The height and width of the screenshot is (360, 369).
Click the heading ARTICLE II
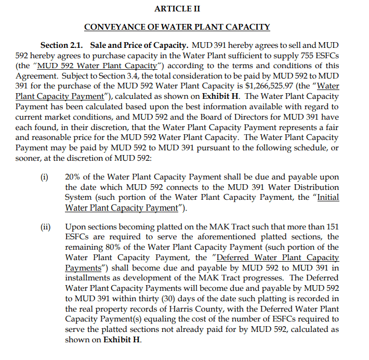click(x=177, y=9)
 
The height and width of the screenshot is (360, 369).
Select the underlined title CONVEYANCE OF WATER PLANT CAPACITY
click(x=177, y=27)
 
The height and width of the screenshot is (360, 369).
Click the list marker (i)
click(x=45, y=177)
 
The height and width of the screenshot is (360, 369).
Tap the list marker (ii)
click(x=46, y=227)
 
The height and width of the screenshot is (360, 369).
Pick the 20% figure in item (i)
click(x=74, y=177)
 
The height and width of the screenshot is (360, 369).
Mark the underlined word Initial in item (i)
click(x=328, y=197)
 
